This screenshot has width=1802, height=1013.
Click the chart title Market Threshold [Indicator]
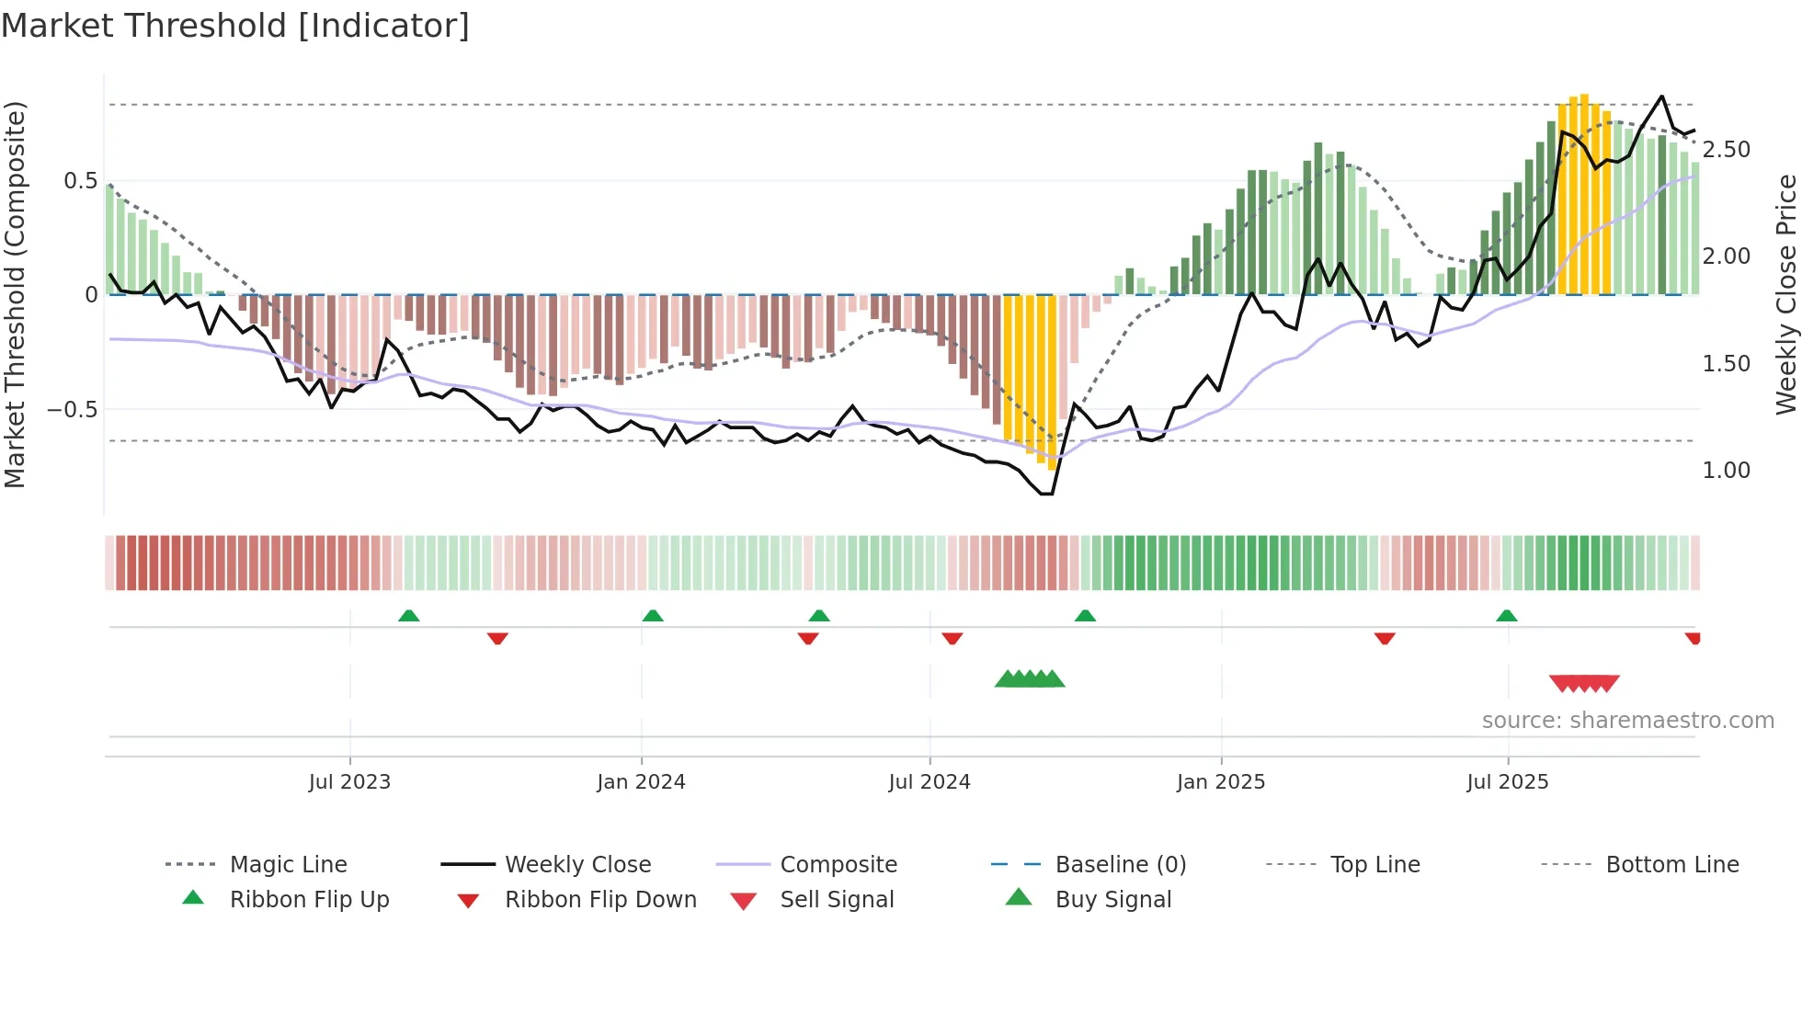pyautogui.click(x=235, y=26)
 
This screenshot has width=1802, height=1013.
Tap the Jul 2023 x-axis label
pyautogui.click(x=349, y=782)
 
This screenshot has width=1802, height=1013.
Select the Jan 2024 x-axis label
pyautogui.click(x=641, y=782)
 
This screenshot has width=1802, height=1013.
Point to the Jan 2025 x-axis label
pyautogui.click(x=1221, y=782)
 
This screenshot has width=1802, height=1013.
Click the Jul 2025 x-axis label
pyautogui.click(x=1508, y=782)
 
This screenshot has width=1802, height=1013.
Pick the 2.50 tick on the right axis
pyautogui.click(x=1726, y=150)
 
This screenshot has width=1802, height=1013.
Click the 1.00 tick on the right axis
pyautogui.click(x=1726, y=471)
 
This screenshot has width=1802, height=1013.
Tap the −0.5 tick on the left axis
pyautogui.click(x=73, y=410)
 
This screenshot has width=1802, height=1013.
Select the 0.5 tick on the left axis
pyautogui.click(x=80, y=181)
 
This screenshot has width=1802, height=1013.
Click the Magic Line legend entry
pyautogui.click(x=288, y=865)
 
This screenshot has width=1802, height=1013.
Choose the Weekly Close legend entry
pyautogui.click(x=577, y=865)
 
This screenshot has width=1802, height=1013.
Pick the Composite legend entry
pyautogui.click(x=838, y=865)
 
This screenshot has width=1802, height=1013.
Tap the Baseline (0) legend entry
pyautogui.click(x=1121, y=865)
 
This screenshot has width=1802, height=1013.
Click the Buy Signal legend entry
pyautogui.click(x=1112, y=900)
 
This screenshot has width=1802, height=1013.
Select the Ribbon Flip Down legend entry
pyautogui.click(x=600, y=900)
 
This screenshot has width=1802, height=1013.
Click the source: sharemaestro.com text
pyautogui.click(x=1627, y=721)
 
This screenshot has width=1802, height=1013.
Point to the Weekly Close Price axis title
pyautogui.click(x=1785, y=294)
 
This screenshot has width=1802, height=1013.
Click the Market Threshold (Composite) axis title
pyautogui.click(x=15, y=294)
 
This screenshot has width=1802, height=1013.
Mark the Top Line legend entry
pyautogui.click(x=1374, y=865)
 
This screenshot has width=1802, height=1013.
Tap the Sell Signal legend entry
pyautogui.click(x=837, y=900)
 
